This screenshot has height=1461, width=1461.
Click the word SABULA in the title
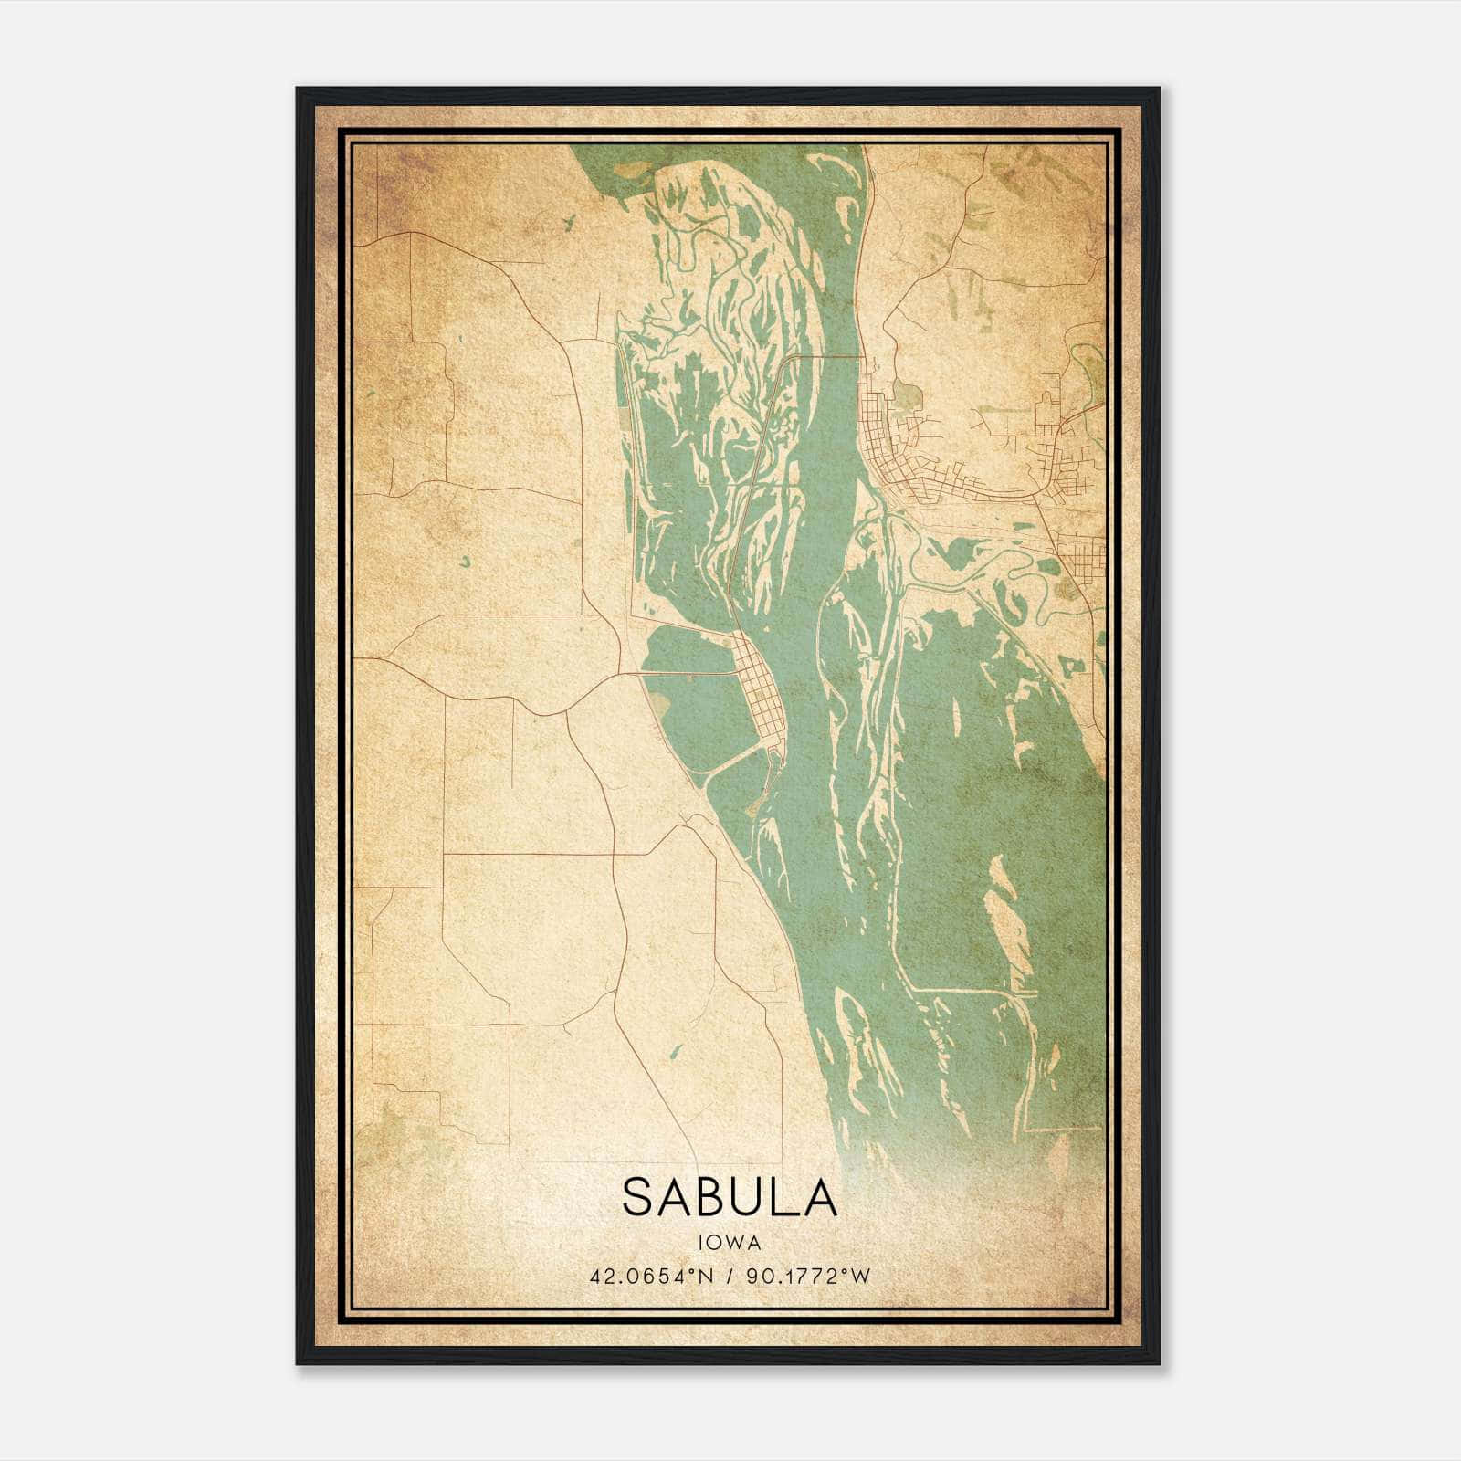coord(730,1197)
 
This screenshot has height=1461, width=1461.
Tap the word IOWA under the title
coord(730,1242)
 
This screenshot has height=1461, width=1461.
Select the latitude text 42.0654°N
coord(650,1276)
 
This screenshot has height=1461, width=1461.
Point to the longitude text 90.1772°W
coord(808,1276)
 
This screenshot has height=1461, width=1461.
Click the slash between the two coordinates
coord(730,1276)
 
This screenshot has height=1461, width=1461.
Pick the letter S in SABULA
coord(637,1197)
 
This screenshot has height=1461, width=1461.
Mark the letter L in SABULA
coord(786,1197)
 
